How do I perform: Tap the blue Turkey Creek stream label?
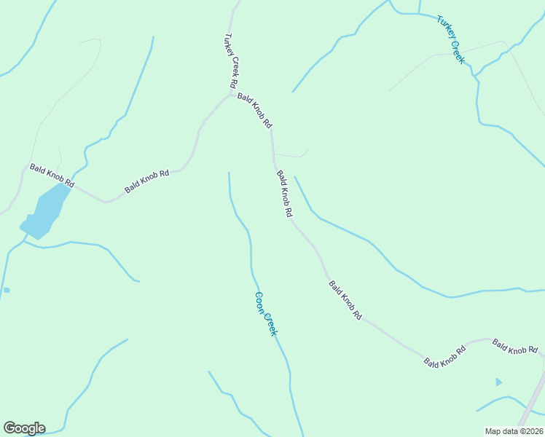[x=450, y=39]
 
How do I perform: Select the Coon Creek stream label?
[x=266, y=314]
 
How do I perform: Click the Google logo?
[x=24, y=428]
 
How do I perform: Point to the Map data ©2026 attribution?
[x=514, y=431]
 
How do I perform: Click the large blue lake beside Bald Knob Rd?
[x=45, y=210]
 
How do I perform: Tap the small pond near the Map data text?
[x=498, y=382]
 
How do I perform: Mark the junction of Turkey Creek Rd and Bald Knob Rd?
[x=232, y=94]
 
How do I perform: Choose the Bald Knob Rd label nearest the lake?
[x=51, y=176]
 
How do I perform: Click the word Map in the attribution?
[x=493, y=431]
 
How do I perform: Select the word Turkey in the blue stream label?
[x=444, y=29]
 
